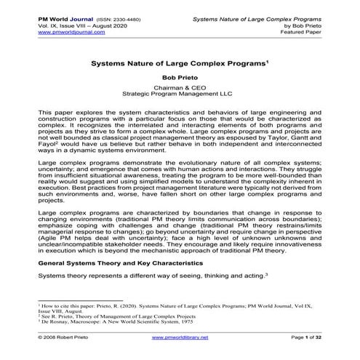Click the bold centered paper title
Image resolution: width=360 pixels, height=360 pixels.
tap(180, 63)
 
